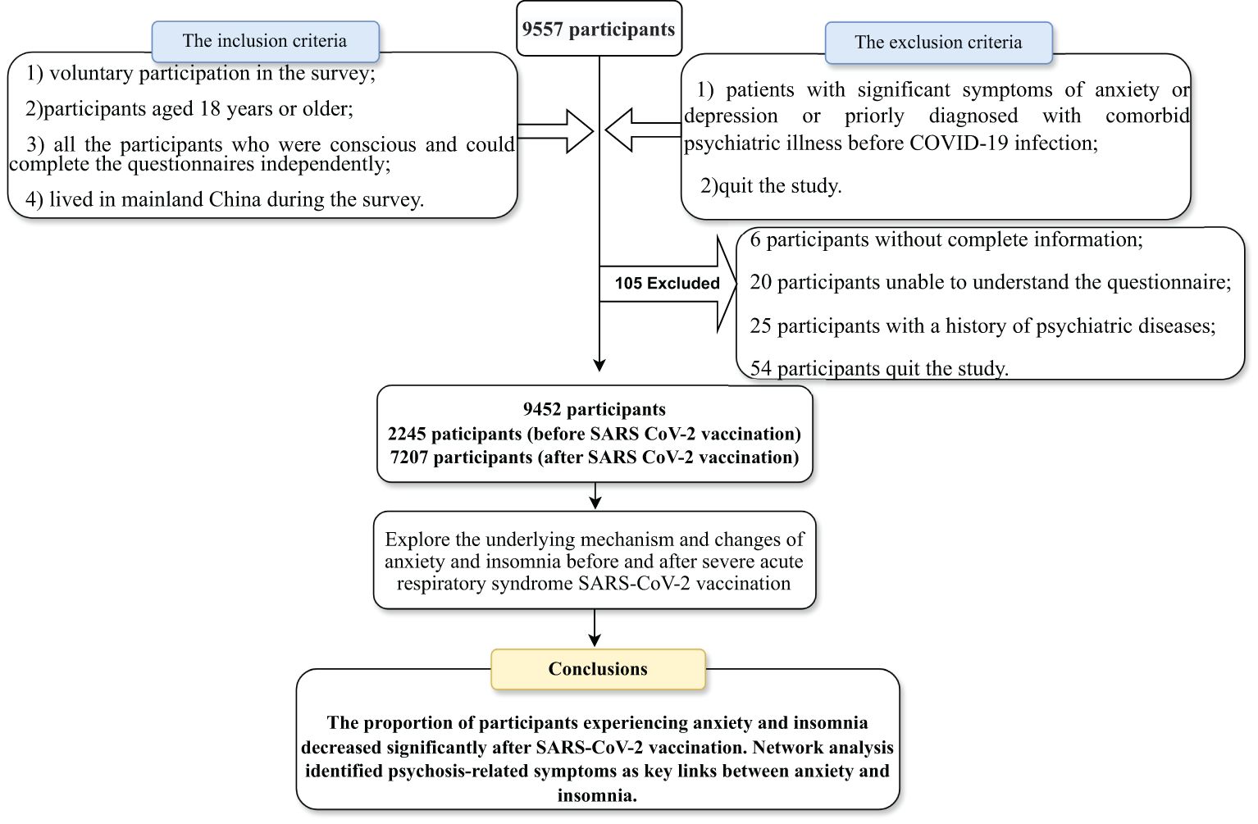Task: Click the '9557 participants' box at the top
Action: pos(599,29)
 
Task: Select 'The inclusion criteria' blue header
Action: pos(265,42)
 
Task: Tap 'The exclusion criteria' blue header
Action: pos(938,43)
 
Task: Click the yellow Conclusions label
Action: pos(598,669)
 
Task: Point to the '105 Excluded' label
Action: pos(668,284)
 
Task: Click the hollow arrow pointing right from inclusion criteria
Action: pos(555,131)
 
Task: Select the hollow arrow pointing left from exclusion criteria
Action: pos(643,130)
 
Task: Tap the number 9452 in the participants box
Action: pos(542,409)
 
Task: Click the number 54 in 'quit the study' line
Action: pos(761,368)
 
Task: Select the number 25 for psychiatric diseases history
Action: pos(761,326)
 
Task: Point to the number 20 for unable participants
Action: pos(761,282)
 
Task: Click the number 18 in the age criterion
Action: pos(210,108)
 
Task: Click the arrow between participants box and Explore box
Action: pos(595,496)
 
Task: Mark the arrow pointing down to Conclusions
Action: pos(595,628)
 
